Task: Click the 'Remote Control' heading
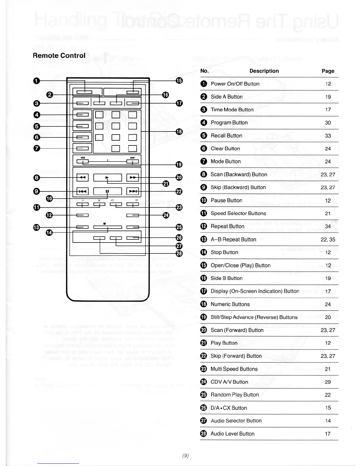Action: (59, 56)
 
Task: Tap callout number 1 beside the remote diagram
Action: (36, 81)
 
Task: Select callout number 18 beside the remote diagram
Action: (179, 132)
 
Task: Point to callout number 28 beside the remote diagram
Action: (179, 253)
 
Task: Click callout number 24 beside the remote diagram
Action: (166, 215)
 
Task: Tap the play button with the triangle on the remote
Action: (107, 178)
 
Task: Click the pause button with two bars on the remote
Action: (107, 191)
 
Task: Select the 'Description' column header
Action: (264, 71)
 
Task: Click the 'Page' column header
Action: (328, 71)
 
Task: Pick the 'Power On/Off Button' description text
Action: (235, 84)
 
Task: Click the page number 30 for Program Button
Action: (328, 123)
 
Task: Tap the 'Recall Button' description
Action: (226, 136)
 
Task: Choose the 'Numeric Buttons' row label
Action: (230, 304)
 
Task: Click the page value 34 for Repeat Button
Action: (328, 226)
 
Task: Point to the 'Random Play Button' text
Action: (235, 395)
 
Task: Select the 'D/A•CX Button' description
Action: (229, 408)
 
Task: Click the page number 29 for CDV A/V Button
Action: (328, 382)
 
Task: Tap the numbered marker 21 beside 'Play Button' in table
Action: (204, 343)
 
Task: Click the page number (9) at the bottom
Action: (185, 456)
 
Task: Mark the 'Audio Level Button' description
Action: (232, 434)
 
